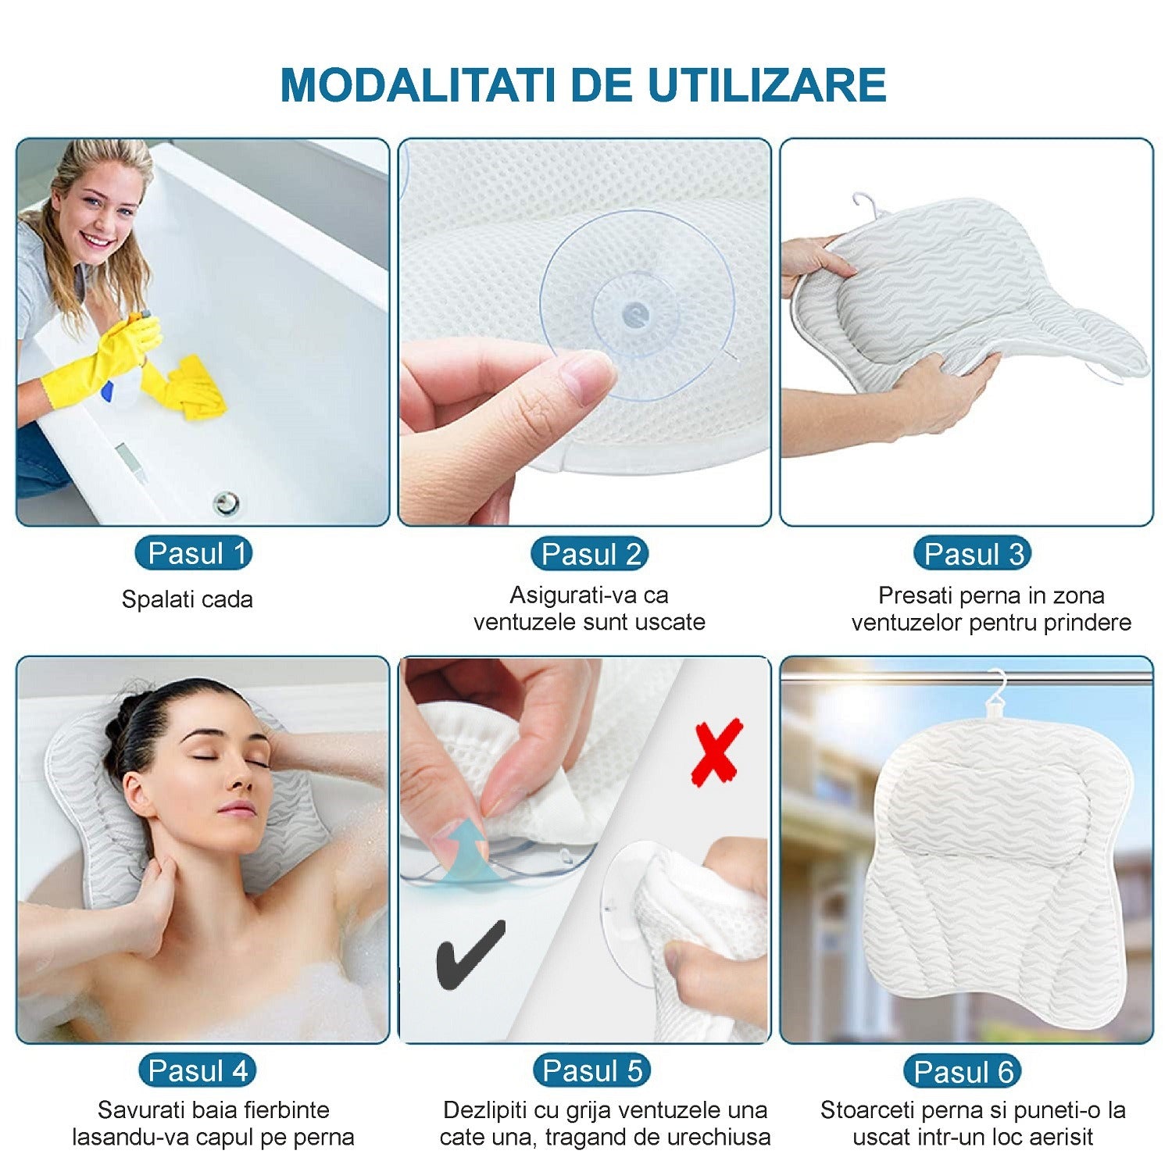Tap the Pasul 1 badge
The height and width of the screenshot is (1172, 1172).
193,553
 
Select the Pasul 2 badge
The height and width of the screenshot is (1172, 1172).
590,554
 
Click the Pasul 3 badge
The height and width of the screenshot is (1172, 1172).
972,554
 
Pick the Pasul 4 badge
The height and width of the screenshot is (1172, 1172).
198,1070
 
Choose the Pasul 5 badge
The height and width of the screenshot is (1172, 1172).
591,1070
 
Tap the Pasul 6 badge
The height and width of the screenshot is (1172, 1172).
963,1071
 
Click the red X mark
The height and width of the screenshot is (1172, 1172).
716,752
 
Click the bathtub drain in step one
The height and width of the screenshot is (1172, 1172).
226,502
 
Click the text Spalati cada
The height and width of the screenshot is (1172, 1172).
187,599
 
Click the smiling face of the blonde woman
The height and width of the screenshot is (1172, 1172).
98,211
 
